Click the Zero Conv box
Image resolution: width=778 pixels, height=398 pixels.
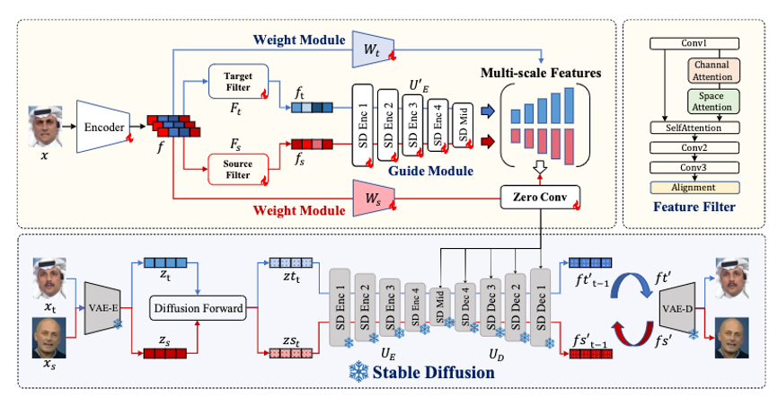tap(538, 197)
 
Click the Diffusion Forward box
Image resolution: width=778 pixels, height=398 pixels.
tap(198, 309)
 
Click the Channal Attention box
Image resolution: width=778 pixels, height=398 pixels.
tap(711, 69)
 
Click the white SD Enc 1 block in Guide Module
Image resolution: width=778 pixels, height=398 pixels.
tap(364, 125)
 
